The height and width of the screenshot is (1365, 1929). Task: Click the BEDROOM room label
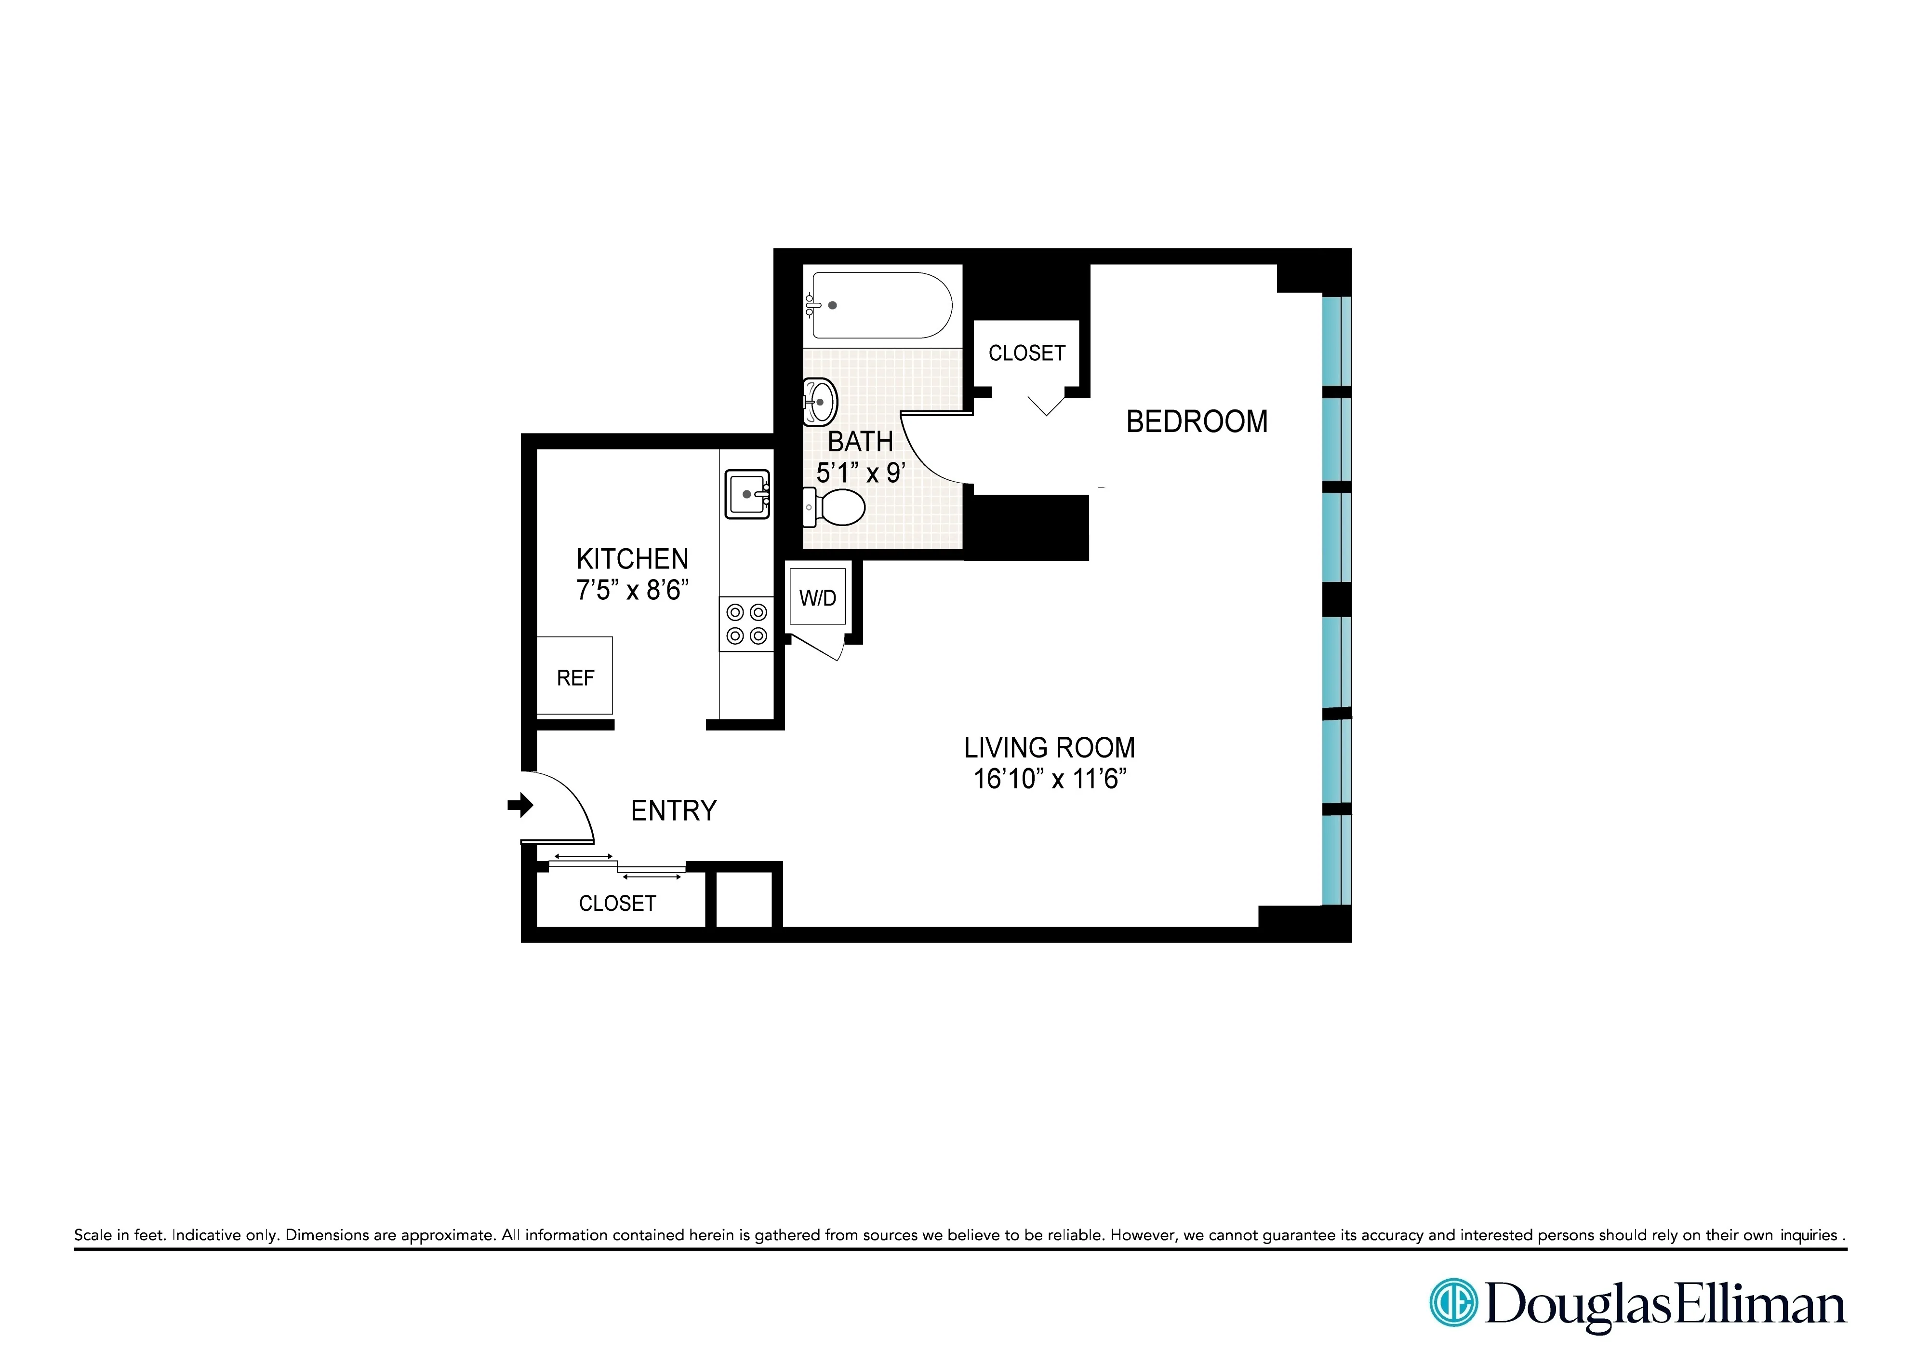(x=1197, y=422)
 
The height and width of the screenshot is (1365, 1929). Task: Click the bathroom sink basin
(x=821, y=402)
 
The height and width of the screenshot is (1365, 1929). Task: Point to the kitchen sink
(x=747, y=494)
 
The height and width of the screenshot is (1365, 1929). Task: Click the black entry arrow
(x=520, y=805)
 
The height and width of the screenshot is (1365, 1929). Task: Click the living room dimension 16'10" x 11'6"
(x=1050, y=779)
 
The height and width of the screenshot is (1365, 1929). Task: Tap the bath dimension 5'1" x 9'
(x=860, y=473)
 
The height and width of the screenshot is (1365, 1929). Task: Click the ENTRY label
(x=674, y=810)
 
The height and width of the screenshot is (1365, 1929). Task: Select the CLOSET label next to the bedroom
(x=1027, y=353)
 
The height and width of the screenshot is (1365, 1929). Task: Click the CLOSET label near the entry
(x=617, y=904)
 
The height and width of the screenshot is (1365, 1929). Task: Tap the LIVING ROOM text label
(x=1050, y=747)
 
